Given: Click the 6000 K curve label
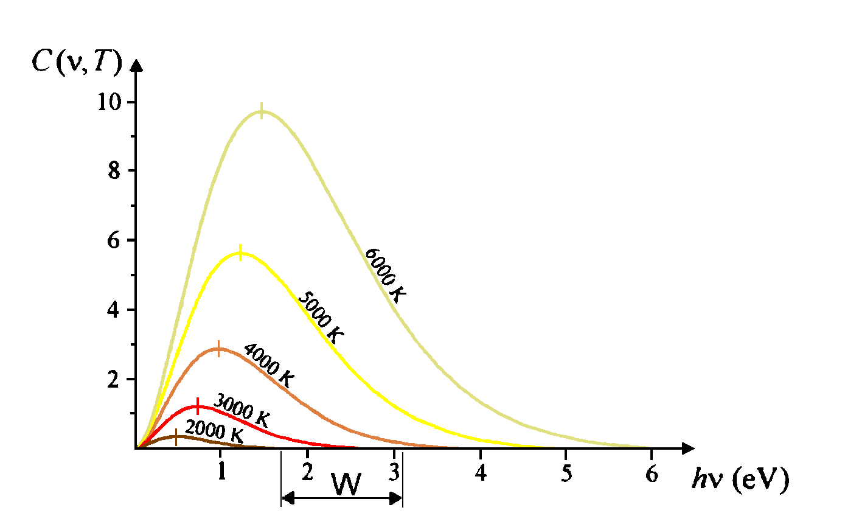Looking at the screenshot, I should point(384,276).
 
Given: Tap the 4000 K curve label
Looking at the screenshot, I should point(269,365).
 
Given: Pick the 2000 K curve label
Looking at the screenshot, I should point(214,431).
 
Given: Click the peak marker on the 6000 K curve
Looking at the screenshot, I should point(262,111).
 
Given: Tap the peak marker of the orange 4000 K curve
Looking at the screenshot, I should point(218,349).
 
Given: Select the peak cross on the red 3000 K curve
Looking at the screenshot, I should point(197,406).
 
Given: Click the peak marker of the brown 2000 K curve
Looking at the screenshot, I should point(176,437).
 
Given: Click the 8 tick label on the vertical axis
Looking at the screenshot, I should point(113,171).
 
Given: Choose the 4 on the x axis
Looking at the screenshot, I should point(481,473).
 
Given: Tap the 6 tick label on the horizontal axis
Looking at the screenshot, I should point(652,473).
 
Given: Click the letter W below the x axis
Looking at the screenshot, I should point(346,485).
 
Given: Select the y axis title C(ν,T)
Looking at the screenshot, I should point(77,62).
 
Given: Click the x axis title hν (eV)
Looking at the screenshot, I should point(740,480).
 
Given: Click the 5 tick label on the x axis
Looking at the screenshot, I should point(566,473).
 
